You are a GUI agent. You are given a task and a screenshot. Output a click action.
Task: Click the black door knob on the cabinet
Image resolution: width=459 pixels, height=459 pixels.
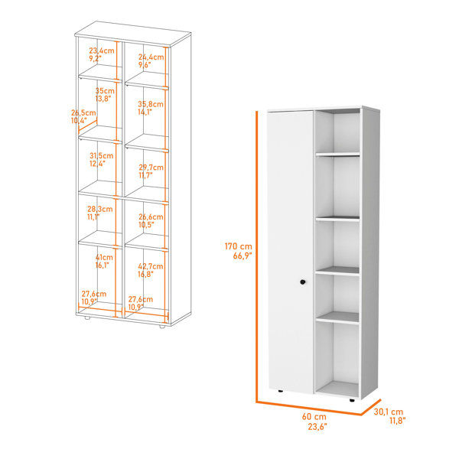303,282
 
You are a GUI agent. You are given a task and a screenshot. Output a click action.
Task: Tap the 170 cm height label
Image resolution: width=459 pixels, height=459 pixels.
238,246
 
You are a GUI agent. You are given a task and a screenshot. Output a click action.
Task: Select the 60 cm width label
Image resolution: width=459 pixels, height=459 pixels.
314,416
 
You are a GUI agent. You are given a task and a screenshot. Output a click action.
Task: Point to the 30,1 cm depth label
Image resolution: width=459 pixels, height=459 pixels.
389,412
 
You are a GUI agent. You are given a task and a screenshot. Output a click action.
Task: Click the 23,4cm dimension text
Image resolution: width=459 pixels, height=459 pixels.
102,50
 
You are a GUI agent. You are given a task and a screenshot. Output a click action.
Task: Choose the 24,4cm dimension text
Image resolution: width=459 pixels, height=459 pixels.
151,57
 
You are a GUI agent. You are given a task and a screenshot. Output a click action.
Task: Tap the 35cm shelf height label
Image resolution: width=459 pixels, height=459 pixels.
105,91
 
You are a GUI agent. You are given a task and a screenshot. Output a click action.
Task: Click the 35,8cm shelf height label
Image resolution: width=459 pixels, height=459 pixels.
151,104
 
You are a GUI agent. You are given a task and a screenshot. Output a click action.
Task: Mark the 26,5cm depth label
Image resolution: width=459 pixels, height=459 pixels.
83,112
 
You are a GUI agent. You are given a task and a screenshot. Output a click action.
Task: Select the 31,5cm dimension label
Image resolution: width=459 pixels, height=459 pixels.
101,155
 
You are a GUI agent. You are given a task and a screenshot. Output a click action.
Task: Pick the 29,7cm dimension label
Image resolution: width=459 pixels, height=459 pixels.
151,168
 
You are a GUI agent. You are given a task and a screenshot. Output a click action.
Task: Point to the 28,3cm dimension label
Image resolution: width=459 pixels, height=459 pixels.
99,209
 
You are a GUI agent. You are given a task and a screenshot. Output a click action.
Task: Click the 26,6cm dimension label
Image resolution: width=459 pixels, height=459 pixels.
151,217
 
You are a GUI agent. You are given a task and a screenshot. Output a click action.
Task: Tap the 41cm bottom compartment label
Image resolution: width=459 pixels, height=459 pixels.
104,257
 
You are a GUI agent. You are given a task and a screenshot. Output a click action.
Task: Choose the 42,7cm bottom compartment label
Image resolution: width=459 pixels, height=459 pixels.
151,266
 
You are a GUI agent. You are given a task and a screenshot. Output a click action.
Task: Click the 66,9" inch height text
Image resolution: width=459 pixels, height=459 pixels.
243,256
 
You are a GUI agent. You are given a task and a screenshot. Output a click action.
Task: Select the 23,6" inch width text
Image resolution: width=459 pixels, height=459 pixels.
317,427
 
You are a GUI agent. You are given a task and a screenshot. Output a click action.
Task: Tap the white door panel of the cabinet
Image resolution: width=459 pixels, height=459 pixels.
291,252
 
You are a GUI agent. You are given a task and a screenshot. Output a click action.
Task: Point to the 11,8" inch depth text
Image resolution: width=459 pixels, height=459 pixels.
397,421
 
